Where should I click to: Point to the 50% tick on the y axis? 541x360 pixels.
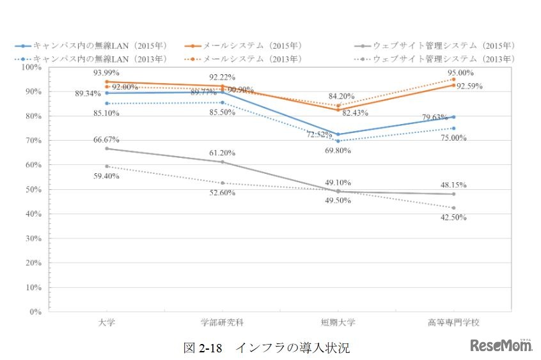32,190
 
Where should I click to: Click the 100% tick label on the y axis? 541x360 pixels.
31,67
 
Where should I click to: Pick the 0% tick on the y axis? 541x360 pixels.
34,312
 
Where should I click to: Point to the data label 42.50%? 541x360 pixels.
453,217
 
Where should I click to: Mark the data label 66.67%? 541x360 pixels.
106,139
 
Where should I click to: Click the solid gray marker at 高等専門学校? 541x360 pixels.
453,194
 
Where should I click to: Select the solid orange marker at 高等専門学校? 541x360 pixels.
453,85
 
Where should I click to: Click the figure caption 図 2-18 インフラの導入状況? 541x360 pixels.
267,348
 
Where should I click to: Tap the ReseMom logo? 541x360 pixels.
502,345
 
